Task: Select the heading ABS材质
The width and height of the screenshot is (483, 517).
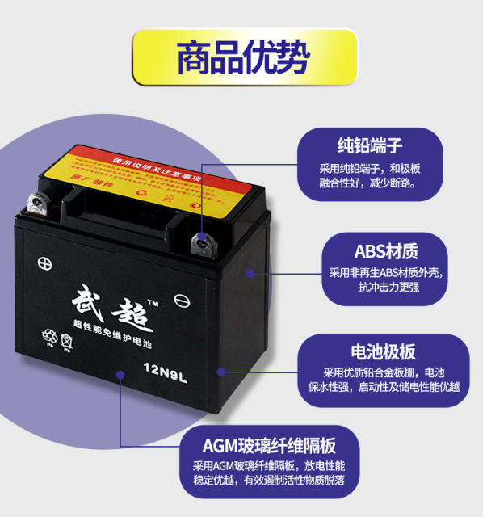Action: coord(386,250)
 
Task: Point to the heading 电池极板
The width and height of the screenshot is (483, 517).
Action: coord(383,352)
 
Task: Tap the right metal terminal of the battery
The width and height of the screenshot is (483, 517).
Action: coord(199,241)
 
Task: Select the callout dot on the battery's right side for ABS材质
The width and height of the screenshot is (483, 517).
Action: coord(250,273)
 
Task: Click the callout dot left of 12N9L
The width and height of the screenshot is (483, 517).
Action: coord(121,374)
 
